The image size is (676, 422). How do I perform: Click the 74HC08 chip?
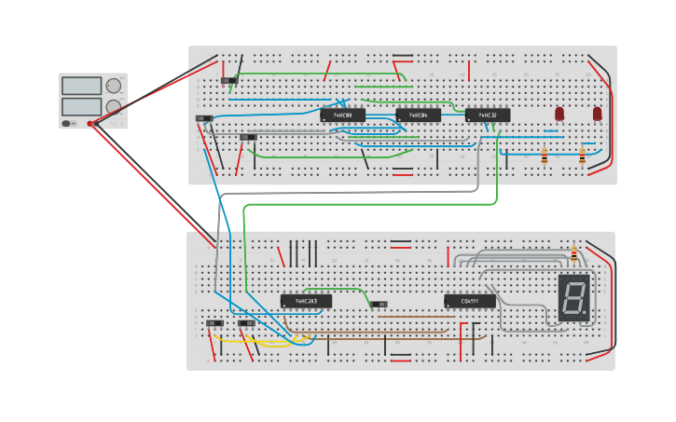[x=342, y=116]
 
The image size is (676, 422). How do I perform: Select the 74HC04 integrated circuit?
[x=418, y=116]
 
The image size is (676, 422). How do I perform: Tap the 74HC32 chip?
[x=488, y=116]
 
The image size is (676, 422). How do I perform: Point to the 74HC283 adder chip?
[x=306, y=301]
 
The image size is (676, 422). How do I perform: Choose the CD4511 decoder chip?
[x=469, y=301]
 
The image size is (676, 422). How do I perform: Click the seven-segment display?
[x=574, y=298]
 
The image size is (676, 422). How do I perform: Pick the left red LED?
[x=559, y=114]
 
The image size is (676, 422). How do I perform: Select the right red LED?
[x=598, y=114]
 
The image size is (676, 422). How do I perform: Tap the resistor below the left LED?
[x=545, y=157]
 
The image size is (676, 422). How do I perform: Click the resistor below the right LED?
[x=582, y=157]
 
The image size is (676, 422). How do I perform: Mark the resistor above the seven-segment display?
[x=573, y=253]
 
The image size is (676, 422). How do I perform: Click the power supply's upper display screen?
[x=81, y=86]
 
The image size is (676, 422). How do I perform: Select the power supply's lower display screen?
[x=81, y=106]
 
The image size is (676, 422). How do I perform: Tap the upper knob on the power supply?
[x=114, y=86]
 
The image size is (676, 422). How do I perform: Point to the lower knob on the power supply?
[x=114, y=106]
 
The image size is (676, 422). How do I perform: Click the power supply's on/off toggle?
[x=67, y=123]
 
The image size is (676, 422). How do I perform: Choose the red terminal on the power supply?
[x=90, y=123]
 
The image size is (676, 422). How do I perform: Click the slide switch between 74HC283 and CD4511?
[x=379, y=304]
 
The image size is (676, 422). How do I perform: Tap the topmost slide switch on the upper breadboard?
[x=229, y=80]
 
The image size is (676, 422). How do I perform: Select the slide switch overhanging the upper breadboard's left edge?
[x=204, y=118]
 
